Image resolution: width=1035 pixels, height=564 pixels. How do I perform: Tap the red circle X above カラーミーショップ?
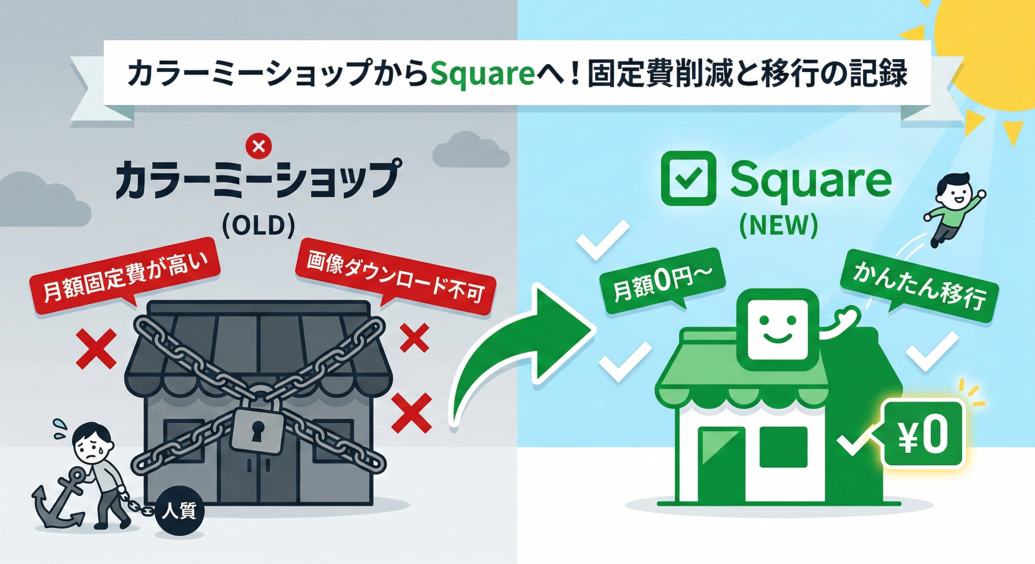click(x=259, y=147)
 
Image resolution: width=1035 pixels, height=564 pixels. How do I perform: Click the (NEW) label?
click(x=778, y=225)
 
